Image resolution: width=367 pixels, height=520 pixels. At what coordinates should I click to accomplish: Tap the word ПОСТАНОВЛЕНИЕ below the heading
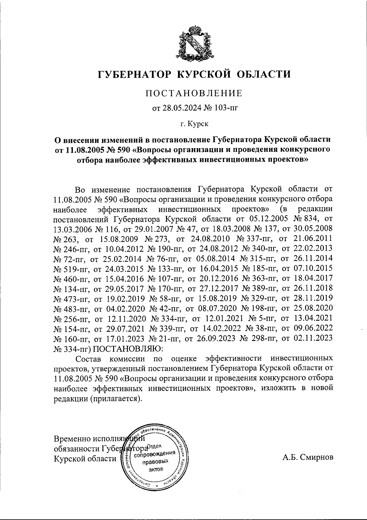[194, 93]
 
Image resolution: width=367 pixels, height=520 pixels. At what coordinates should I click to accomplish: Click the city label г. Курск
[194, 124]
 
